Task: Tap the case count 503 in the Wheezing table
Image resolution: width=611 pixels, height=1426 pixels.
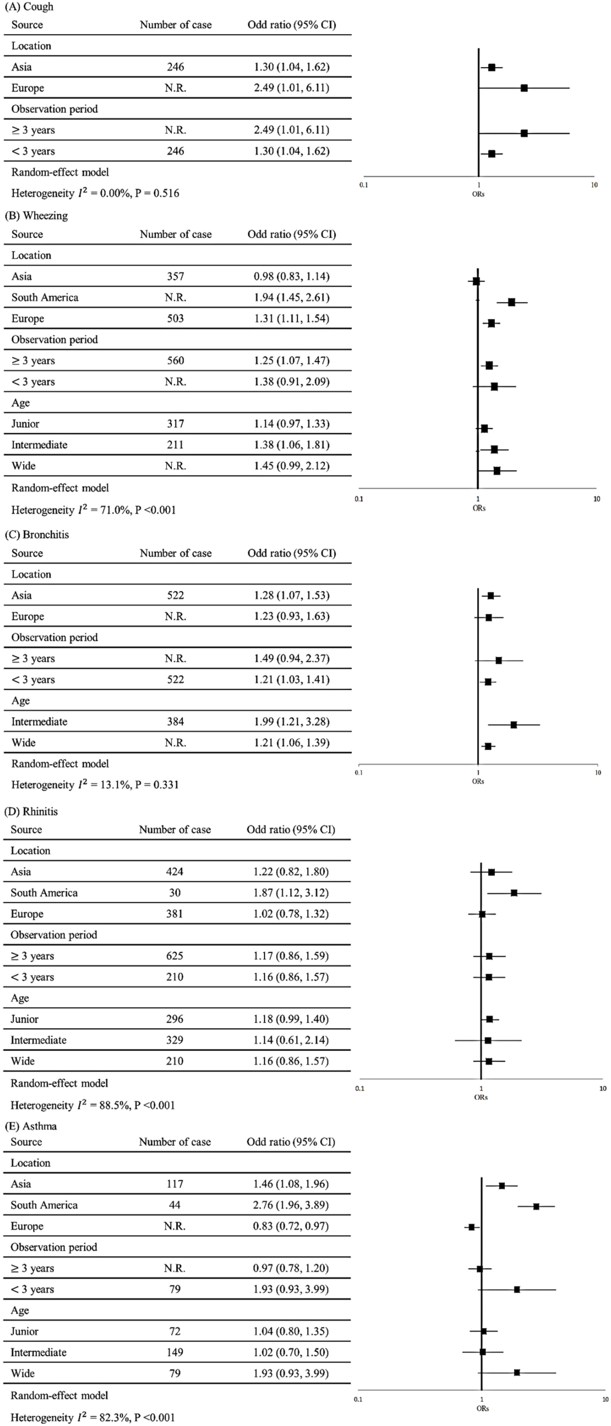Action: [x=175, y=318]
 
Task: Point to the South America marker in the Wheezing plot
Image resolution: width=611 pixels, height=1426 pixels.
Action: [x=511, y=302]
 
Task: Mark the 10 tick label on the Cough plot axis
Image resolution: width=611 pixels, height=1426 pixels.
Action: [x=594, y=185]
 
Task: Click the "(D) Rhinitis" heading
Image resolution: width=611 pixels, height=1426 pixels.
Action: [x=31, y=812]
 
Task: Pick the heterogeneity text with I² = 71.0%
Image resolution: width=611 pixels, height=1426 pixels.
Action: [x=93, y=510]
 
